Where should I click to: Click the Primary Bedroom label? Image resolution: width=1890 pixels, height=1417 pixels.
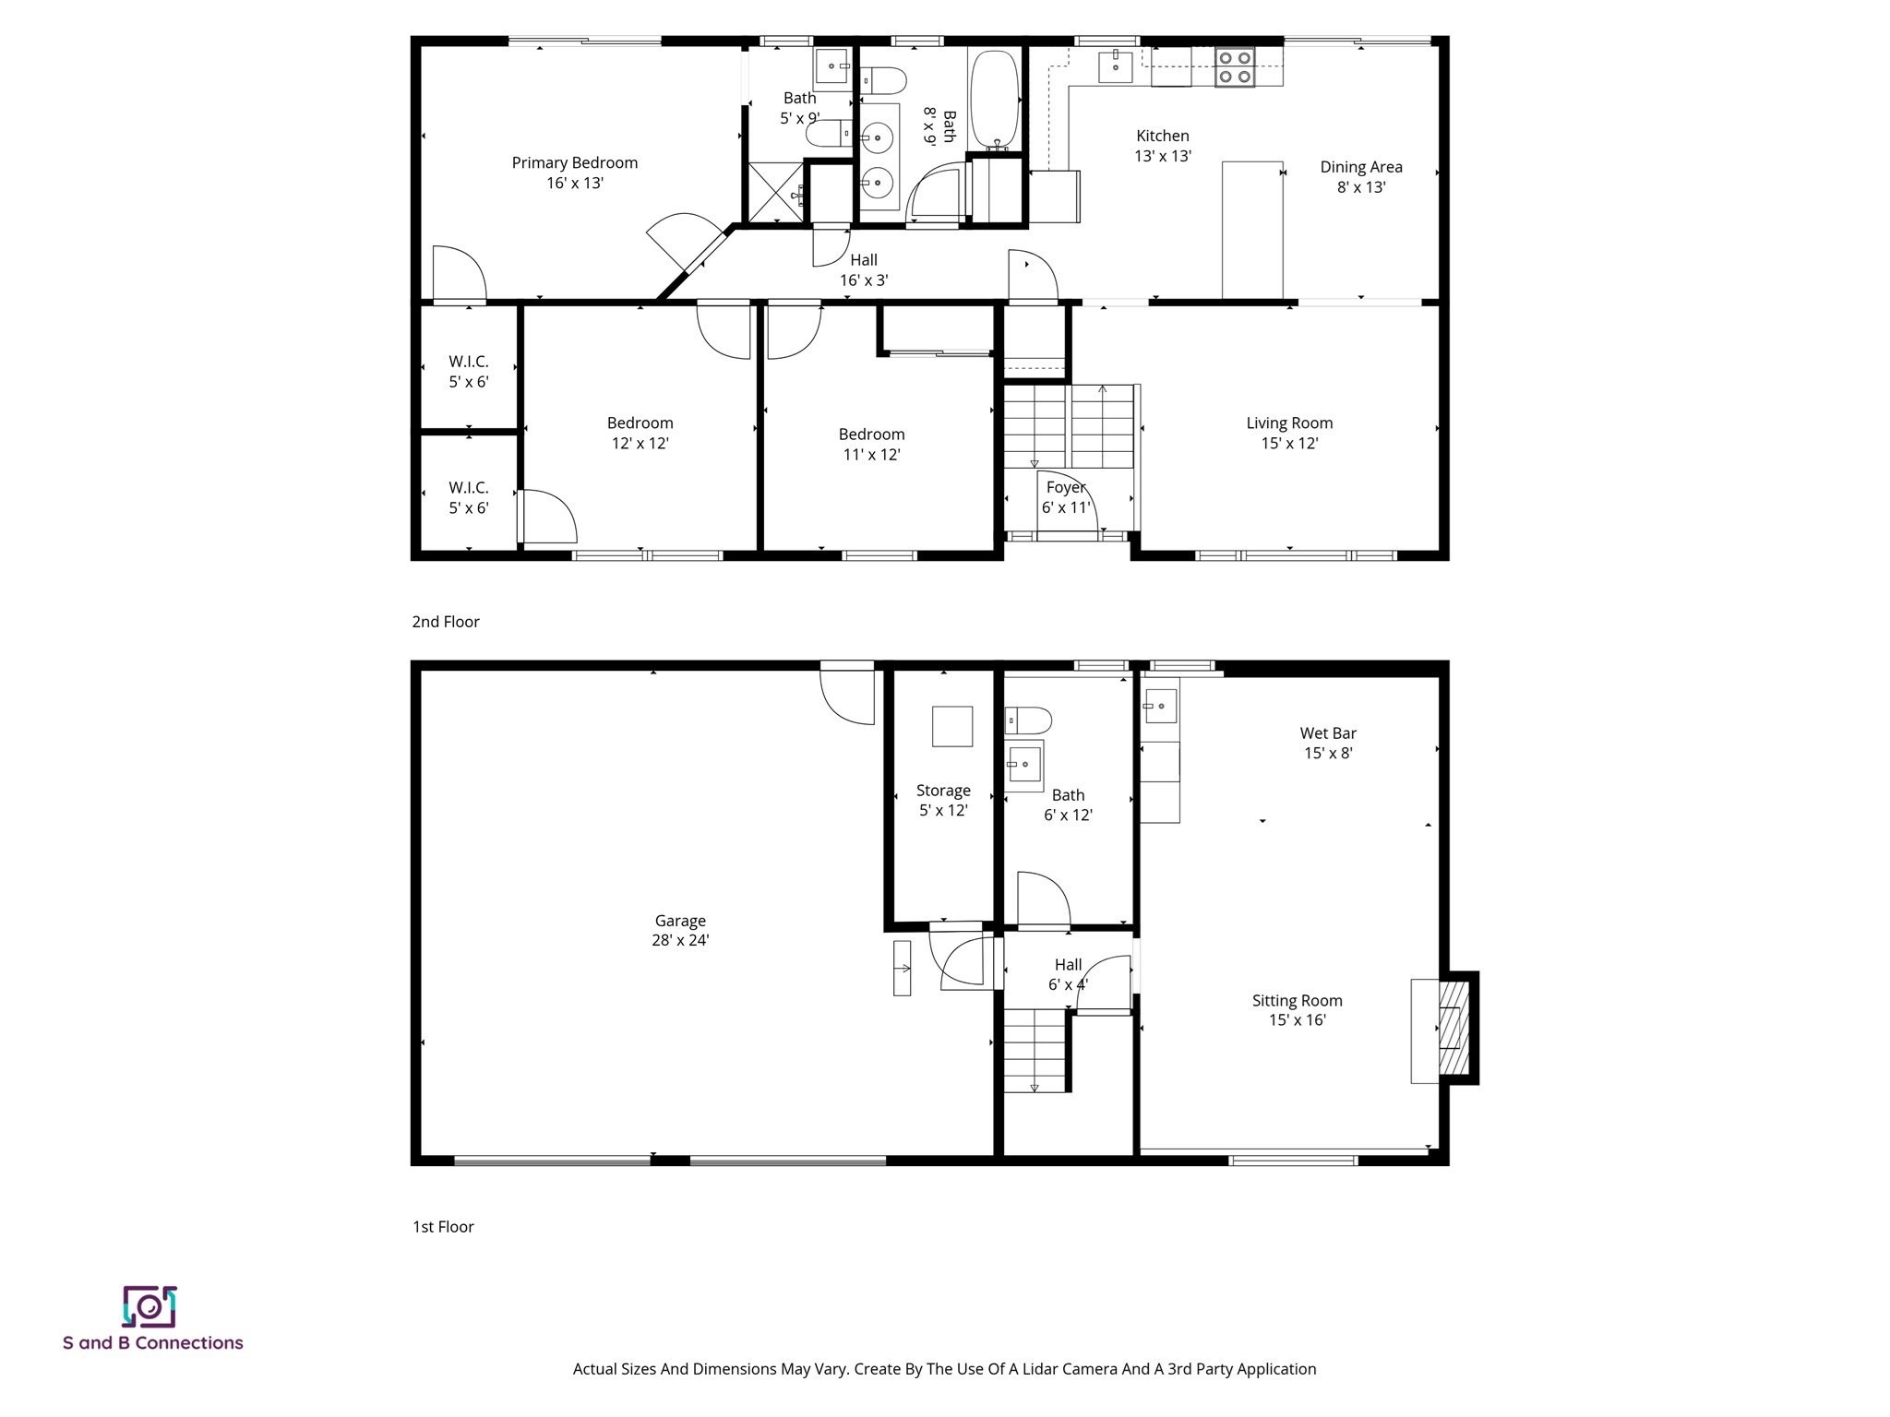click(574, 173)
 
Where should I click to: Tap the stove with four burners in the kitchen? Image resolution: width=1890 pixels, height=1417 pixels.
click(1234, 67)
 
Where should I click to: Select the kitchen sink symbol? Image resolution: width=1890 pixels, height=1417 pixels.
click(1115, 65)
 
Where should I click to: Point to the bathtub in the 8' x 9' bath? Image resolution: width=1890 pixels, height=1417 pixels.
click(993, 100)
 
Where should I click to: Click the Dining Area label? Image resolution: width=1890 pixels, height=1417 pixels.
click(1360, 176)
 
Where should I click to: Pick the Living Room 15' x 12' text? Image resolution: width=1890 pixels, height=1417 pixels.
click(1289, 433)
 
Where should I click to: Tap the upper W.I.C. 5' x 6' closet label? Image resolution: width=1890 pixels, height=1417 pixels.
click(469, 371)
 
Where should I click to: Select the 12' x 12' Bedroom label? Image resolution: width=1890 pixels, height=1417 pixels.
click(640, 433)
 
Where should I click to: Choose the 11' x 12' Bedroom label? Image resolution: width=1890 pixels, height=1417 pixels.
click(871, 444)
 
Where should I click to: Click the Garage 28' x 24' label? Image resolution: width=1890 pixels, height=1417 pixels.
click(680, 930)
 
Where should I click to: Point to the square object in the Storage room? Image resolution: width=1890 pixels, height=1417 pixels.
click(951, 726)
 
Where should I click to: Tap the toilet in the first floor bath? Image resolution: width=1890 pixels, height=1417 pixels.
click(1028, 720)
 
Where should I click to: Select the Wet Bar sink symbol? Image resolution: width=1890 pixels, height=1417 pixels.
click(1160, 706)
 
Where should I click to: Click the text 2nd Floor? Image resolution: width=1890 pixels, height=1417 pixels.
click(446, 622)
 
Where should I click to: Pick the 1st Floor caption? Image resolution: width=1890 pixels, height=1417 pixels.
click(443, 1227)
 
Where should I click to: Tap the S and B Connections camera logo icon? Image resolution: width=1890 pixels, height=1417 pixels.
click(150, 1306)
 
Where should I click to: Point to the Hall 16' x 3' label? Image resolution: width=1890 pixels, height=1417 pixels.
click(864, 270)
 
